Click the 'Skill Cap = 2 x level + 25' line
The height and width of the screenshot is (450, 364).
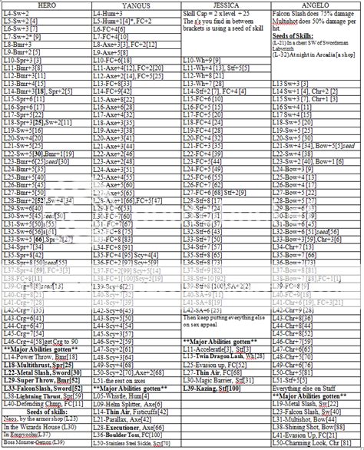[x=223, y=13]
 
